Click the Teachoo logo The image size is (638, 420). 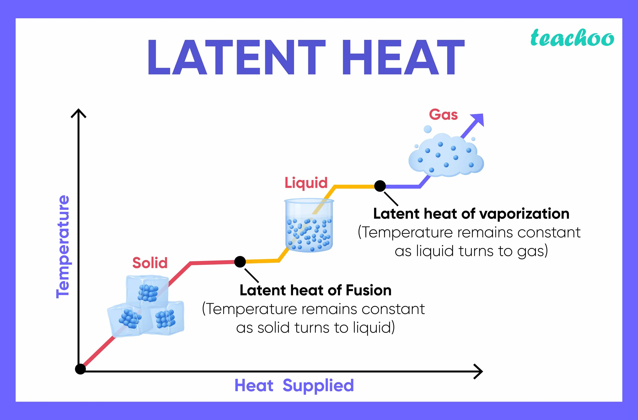[x=572, y=38]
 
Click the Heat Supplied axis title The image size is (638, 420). [x=294, y=386]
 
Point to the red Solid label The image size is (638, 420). [x=150, y=263]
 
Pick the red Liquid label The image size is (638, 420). [x=306, y=183]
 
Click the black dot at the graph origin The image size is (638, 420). [x=80, y=369]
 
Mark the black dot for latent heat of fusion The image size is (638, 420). [x=240, y=261]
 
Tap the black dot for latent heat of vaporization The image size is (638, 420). [x=380, y=186]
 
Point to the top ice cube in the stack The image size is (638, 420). [x=147, y=291]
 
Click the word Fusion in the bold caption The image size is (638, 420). [x=368, y=290]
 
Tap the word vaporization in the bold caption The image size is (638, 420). [x=524, y=214]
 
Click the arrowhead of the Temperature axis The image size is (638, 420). [x=78, y=113]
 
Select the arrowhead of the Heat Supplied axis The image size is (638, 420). [x=478, y=371]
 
